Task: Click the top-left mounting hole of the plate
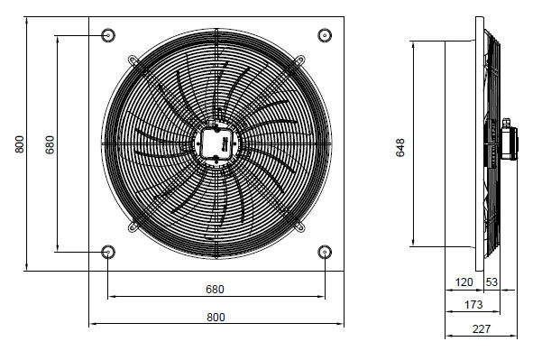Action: [x=108, y=35]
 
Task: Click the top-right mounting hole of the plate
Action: [x=325, y=35]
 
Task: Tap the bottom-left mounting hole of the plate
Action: [x=108, y=252]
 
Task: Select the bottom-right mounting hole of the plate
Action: [x=325, y=252]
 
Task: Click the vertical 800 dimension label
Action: [x=20, y=144]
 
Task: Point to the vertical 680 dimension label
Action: [x=51, y=145]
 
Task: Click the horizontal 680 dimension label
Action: [x=215, y=289]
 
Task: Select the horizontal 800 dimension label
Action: [x=216, y=317]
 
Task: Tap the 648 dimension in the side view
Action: [x=400, y=148]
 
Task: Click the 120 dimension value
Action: [x=464, y=282]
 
